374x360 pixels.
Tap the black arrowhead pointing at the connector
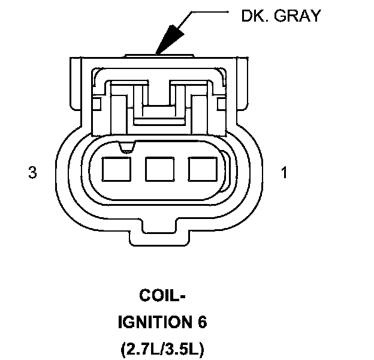(x=168, y=40)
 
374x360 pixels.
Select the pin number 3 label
(x=32, y=173)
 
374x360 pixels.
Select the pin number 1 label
(x=283, y=173)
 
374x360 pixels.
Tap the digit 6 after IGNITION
(x=201, y=322)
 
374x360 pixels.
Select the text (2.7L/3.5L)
(x=162, y=349)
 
